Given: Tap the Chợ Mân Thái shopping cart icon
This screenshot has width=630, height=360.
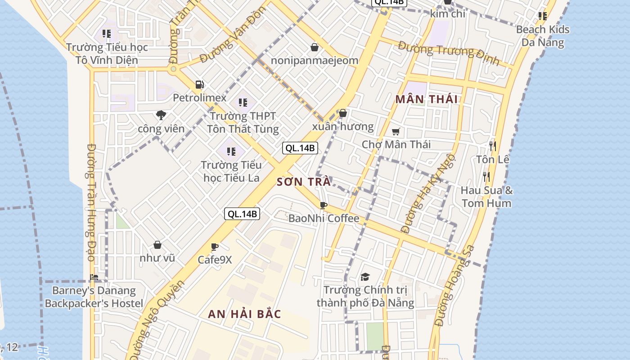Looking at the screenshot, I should tap(396, 131).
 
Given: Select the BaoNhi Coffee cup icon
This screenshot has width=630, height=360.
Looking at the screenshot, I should tap(323, 206).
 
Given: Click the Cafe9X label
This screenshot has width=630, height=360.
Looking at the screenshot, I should tap(215, 260).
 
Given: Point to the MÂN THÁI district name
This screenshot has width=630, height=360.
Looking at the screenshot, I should tap(426, 99).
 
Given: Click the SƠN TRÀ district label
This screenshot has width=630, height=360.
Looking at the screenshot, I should tap(304, 182).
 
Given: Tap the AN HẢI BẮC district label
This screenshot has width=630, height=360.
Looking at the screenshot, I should tap(244, 314).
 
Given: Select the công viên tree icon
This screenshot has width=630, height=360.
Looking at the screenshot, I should tap(161, 116).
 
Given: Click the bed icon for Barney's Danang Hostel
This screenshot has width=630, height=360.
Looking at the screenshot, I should tap(94, 277).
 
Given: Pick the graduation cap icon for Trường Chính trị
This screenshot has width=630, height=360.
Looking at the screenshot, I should tap(365, 277).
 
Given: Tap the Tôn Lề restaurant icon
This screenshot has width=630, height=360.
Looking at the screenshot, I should tap(493, 146).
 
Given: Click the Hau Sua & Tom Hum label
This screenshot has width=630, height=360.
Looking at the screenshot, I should tap(486, 197).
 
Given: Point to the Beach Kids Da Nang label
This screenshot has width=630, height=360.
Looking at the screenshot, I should tap(543, 36).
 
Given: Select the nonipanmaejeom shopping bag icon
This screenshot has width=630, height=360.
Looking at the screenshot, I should tap(315, 47).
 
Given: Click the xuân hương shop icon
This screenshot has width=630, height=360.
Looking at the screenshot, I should tap(343, 113).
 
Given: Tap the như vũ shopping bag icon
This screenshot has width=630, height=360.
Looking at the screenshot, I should tap(157, 245).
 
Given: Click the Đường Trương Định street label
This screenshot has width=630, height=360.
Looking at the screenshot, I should tap(448, 53).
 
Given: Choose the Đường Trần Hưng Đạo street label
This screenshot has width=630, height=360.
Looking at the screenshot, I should tap(90, 202).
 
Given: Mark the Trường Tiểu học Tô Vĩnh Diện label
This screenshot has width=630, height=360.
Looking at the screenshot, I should tap(107, 54).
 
